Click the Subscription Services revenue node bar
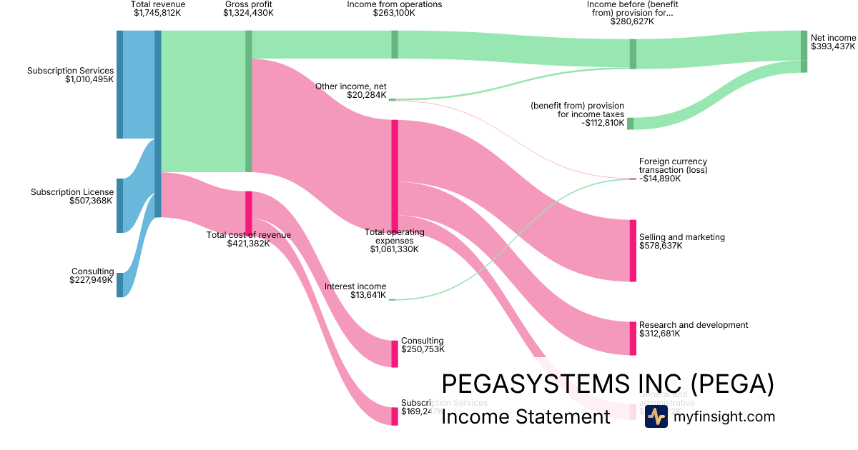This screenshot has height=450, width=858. tap(120, 84)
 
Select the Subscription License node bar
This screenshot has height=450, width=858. tap(120, 206)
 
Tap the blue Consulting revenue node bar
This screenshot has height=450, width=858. tap(120, 284)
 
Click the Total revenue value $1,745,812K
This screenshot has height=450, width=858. tap(158, 13)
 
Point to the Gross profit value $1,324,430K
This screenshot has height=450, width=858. tap(248, 13)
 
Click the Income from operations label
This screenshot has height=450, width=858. tap(395, 4)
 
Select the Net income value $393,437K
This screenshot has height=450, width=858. tap(833, 46)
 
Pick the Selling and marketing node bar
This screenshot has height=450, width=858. tap(633, 251)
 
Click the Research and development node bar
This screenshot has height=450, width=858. tap(633, 339)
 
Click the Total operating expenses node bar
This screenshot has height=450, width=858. tap(395, 176)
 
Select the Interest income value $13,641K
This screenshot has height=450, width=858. tap(368, 295)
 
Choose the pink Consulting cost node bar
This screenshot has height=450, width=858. tap(395, 354)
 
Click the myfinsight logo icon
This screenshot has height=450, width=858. tap(656, 416)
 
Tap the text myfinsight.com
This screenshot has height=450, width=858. tap(724, 416)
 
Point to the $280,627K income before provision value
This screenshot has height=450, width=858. tap(632, 21)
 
